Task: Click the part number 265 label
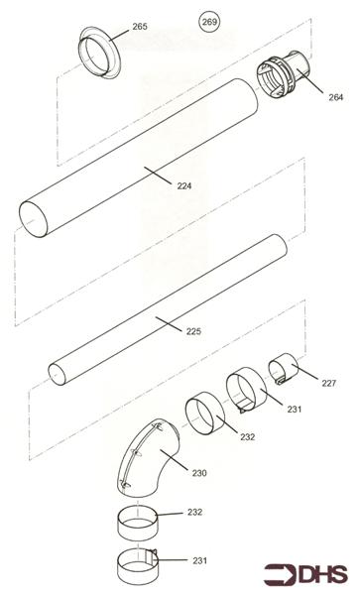pyautogui.click(x=140, y=27)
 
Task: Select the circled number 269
pyautogui.click(x=209, y=21)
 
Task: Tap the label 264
pyautogui.click(x=336, y=96)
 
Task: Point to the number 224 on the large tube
pyautogui.click(x=184, y=185)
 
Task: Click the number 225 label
pyautogui.click(x=193, y=330)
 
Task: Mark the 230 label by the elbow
pyautogui.click(x=199, y=472)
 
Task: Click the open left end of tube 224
pyautogui.click(x=33, y=215)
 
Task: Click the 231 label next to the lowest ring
pyautogui.click(x=199, y=561)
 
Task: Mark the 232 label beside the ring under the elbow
pyautogui.click(x=195, y=513)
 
